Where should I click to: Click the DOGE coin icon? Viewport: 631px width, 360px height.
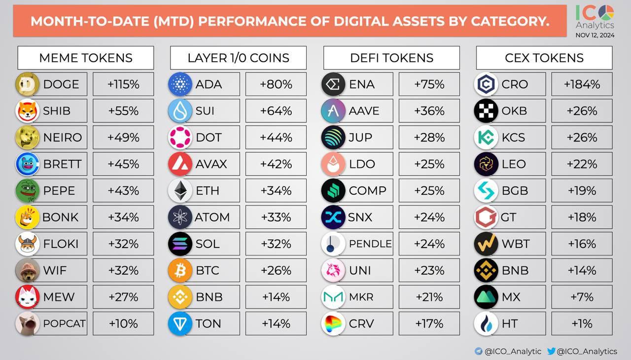[27, 84]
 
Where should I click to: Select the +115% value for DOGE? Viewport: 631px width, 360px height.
[123, 84]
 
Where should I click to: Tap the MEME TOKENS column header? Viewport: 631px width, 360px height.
[86, 58]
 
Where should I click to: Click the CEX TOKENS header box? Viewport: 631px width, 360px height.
[544, 58]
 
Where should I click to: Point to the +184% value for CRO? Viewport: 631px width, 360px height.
[582, 84]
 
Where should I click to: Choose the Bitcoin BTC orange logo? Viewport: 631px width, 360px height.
[180, 270]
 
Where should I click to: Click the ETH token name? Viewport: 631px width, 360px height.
[208, 191]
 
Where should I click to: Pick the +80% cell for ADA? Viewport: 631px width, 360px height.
[276, 84]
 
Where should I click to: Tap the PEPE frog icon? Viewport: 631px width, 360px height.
[27, 191]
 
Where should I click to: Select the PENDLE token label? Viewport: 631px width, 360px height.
[370, 244]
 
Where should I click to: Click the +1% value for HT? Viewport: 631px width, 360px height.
[582, 324]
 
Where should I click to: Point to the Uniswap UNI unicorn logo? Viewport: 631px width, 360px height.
[333, 270]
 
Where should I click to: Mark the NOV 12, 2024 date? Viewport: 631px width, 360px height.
[595, 35]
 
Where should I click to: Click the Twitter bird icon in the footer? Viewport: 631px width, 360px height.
[551, 351]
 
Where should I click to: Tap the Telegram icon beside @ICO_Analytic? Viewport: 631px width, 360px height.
[479, 351]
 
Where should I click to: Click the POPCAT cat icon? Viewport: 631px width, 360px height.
[27, 324]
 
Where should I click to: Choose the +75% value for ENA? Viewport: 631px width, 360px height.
[429, 84]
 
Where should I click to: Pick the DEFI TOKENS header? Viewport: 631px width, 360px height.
[391, 58]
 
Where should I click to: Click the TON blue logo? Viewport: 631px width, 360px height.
[180, 324]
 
